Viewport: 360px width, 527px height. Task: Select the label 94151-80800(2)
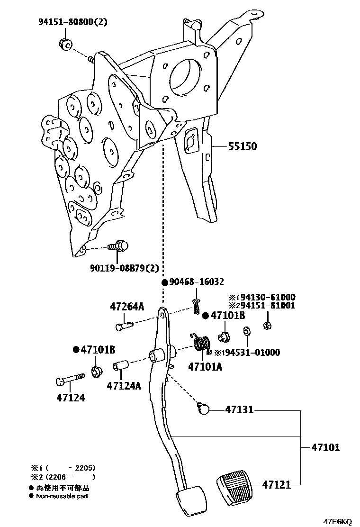[73, 22]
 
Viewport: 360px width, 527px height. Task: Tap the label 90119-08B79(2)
[124, 268]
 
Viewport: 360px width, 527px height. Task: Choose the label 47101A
[205, 366]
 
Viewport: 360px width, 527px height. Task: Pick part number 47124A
[124, 386]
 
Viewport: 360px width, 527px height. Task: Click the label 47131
[239, 409]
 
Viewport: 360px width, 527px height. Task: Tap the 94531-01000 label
[250, 353]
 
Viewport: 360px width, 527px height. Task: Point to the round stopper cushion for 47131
[204, 408]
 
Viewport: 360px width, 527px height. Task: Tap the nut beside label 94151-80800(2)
[66, 44]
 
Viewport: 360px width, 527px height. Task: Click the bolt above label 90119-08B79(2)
[119, 246]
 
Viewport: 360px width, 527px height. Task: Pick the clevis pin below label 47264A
[124, 326]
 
